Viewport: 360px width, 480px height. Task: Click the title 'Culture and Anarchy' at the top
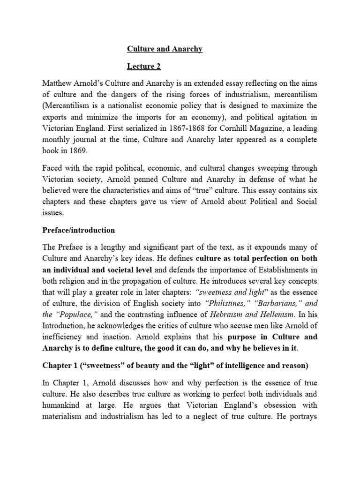[x=165, y=49]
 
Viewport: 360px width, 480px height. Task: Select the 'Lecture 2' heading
[x=144, y=67]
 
